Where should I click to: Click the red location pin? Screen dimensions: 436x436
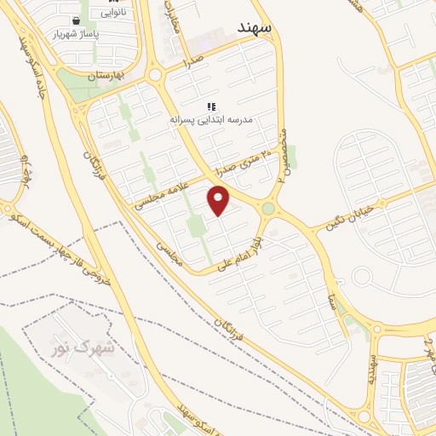point(220,201)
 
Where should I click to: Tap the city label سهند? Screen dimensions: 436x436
point(255,27)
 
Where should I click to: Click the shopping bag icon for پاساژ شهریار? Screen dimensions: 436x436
point(77,20)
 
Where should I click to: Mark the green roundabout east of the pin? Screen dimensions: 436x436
point(268,209)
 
